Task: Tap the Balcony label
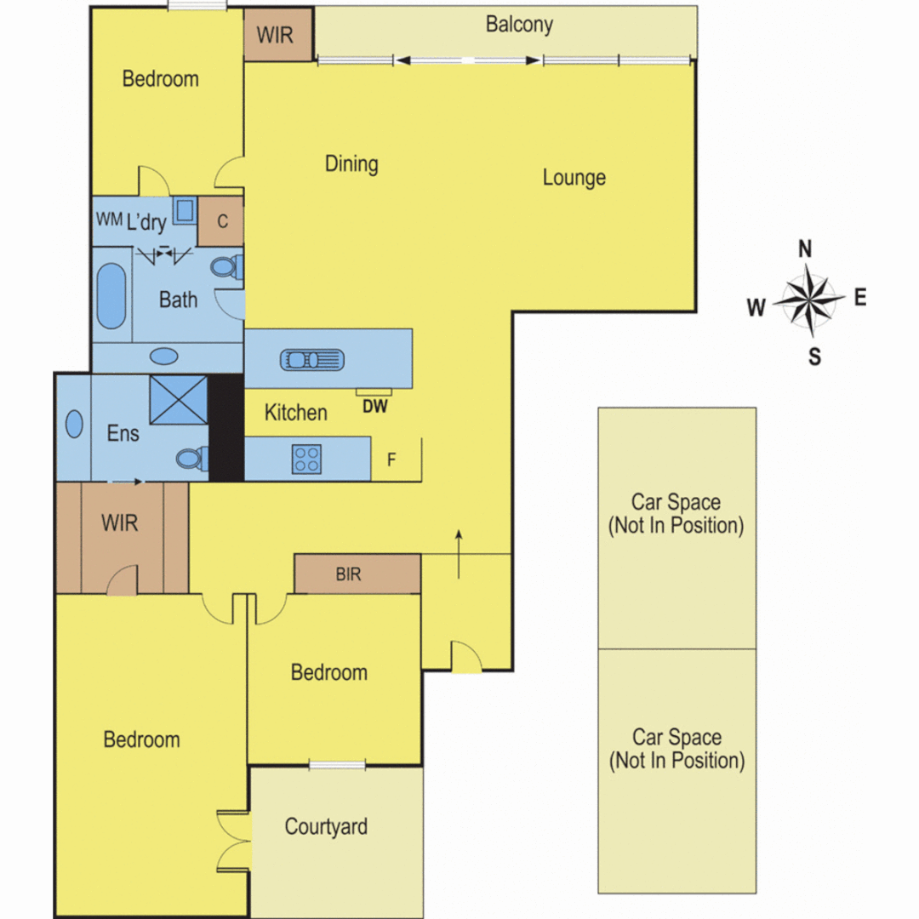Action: coord(519,24)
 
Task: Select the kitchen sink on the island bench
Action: coord(312,359)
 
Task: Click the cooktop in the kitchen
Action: coord(306,459)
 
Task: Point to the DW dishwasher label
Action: coord(374,407)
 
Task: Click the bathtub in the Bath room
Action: coord(111,296)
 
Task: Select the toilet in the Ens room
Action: coord(191,459)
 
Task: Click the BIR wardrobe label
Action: coord(348,574)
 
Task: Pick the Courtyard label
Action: coord(326,826)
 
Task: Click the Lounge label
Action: coord(574,177)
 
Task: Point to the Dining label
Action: coord(351,163)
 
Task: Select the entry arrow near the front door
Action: coord(459,553)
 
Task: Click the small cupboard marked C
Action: coord(221,221)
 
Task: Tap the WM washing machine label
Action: coord(109,219)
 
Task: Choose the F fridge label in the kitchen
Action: coord(391,460)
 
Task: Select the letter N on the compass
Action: coord(805,248)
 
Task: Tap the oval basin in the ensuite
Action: coord(75,424)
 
